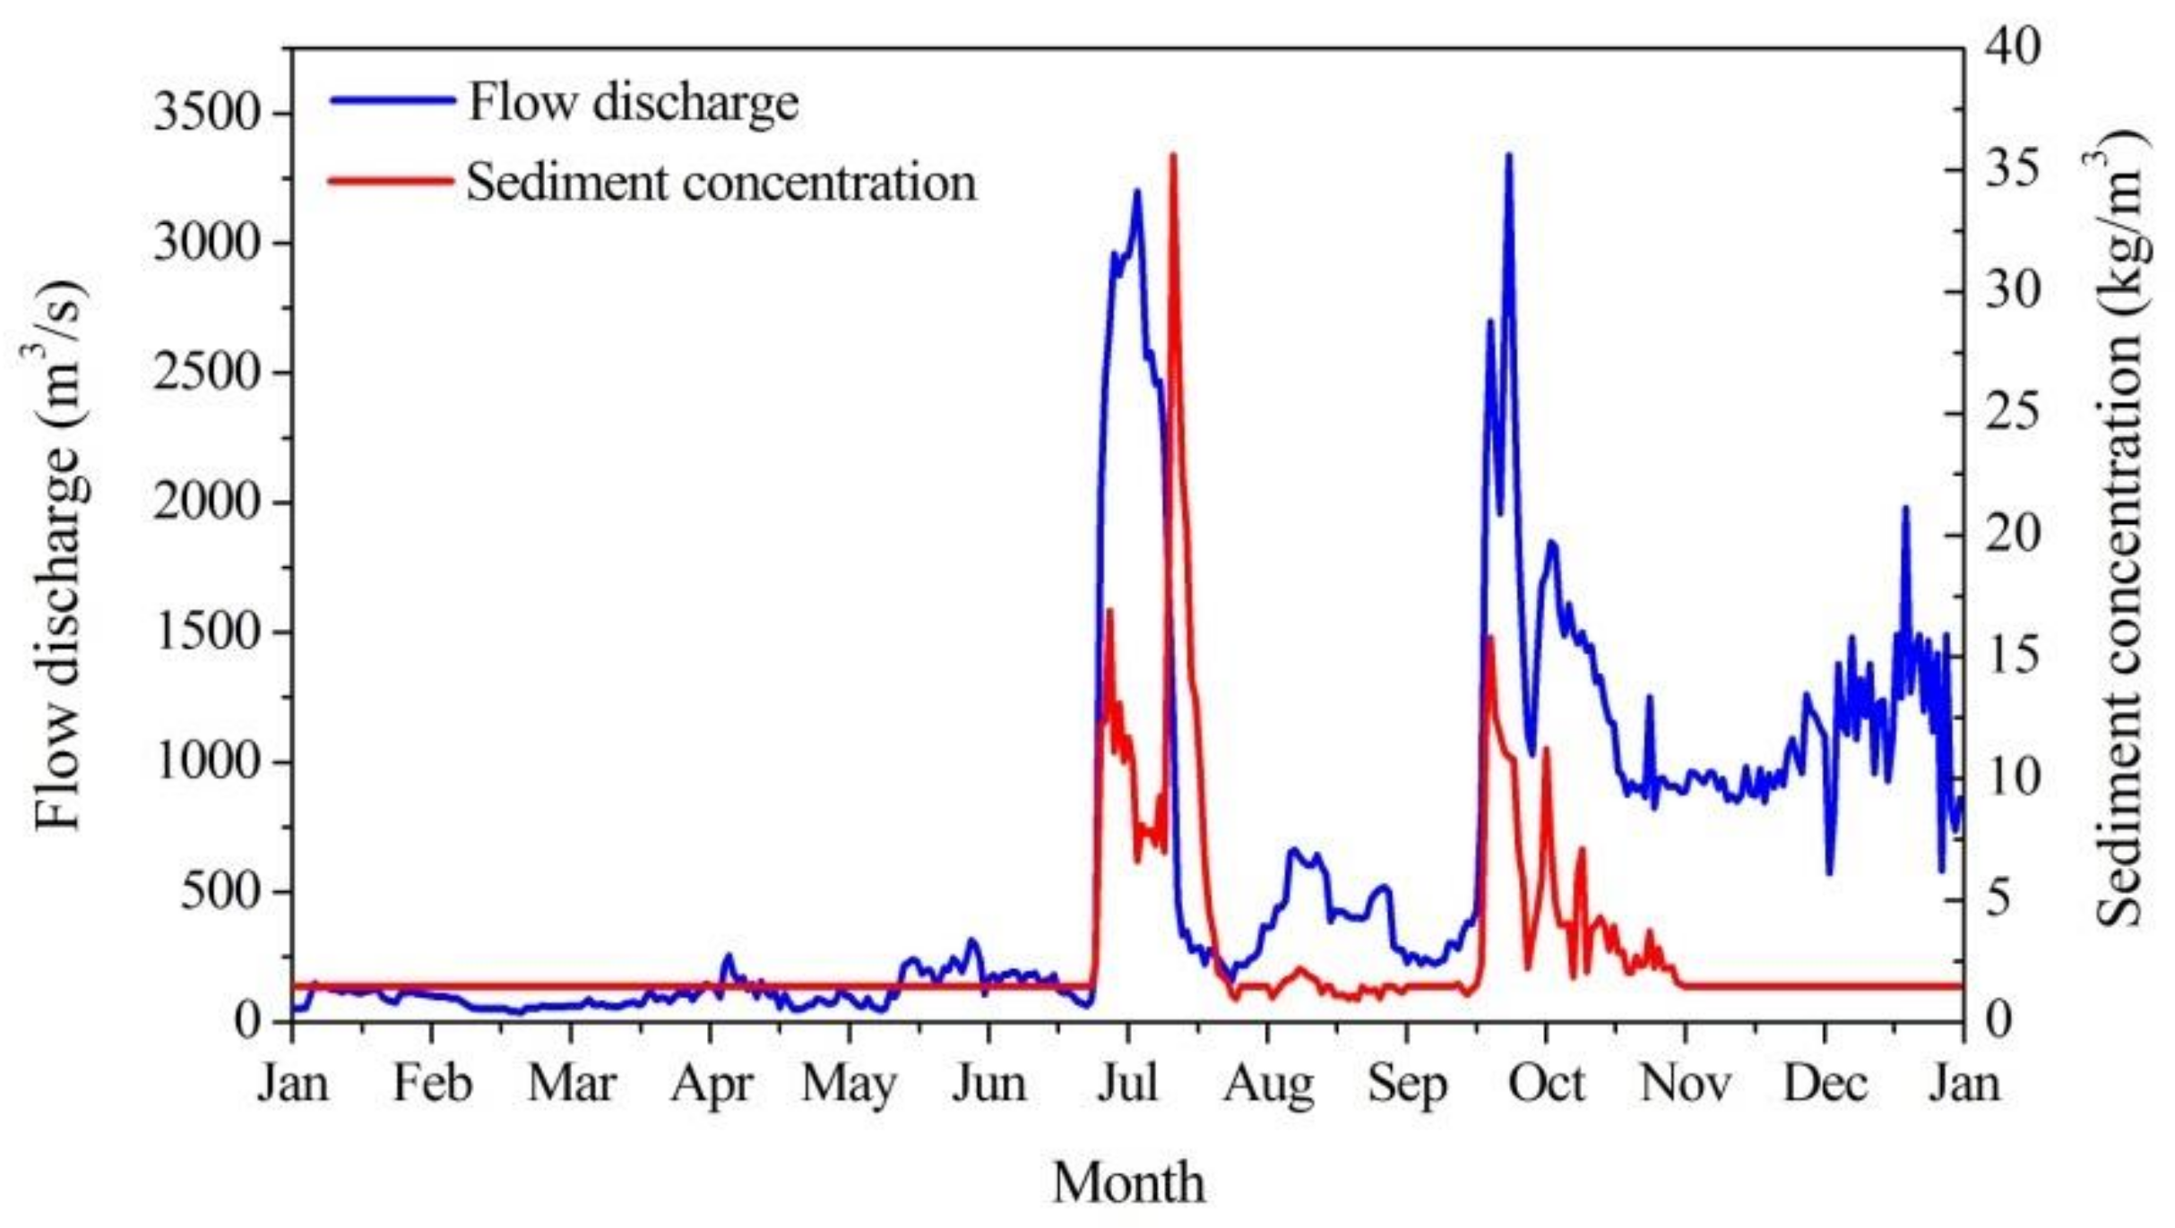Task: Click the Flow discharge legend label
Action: pos(633,102)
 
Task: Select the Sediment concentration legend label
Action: pos(721,183)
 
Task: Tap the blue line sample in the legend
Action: pos(393,101)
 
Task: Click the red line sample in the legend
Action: pos(391,182)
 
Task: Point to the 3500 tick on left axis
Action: pos(208,114)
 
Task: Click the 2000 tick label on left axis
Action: pos(208,502)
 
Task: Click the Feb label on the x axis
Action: pos(432,1084)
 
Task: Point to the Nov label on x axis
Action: pos(1685,1084)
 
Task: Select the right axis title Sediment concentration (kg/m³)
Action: pos(2120,528)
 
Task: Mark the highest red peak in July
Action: pos(1172,156)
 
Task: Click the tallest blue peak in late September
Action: pos(1508,156)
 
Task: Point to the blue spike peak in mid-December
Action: pos(1905,509)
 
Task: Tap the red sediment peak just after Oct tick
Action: pos(1546,749)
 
